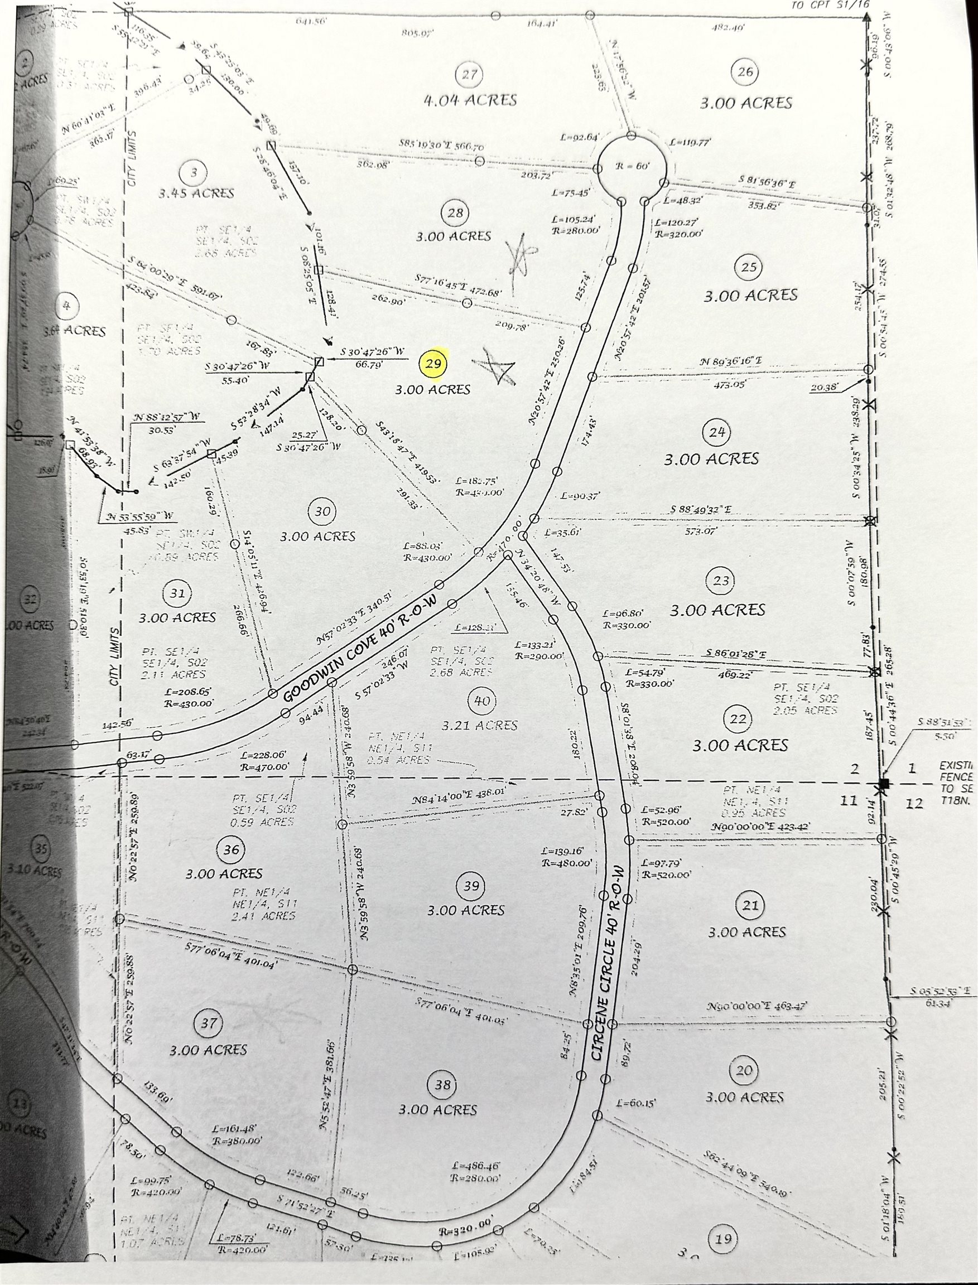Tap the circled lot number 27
(469, 74)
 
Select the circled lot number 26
(745, 71)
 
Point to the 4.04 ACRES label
(470, 100)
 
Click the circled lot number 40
(482, 700)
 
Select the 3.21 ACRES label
(480, 725)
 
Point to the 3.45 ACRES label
(196, 192)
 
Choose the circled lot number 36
(231, 849)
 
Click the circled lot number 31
(177, 593)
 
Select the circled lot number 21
(750, 905)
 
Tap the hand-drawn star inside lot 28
(520, 255)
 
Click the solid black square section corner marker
(884, 784)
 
